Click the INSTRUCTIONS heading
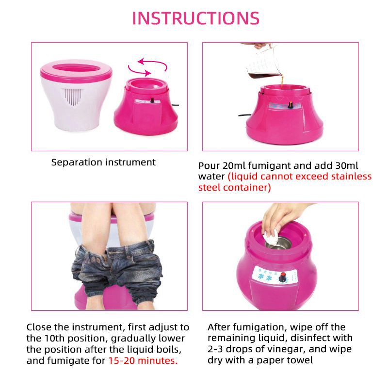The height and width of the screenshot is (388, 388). point(195,18)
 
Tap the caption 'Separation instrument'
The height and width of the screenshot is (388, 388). point(103,162)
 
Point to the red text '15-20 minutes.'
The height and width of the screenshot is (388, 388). point(143,360)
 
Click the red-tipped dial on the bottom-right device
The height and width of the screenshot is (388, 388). point(282,278)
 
